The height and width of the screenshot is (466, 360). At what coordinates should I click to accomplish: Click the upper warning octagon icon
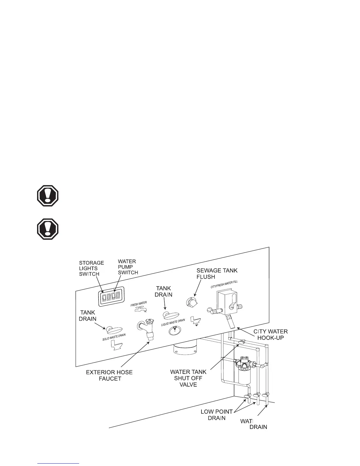pyautogui.click(x=48, y=196)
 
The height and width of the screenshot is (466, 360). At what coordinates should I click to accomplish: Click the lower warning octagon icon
pyautogui.click(x=48, y=229)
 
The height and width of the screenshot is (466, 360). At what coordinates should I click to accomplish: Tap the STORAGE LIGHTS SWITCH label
pyautogui.click(x=91, y=268)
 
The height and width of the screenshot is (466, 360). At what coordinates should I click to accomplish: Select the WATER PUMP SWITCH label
pyautogui.click(x=128, y=267)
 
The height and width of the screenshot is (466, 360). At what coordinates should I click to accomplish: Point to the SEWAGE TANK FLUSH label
pyautogui.click(x=217, y=273)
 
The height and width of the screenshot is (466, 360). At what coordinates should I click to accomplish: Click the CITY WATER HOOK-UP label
pyautogui.click(x=270, y=334)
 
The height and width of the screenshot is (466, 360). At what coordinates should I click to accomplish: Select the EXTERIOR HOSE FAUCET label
pyautogui.click(x=109, y=375)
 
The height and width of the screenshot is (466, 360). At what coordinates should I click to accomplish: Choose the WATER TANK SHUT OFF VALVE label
pyautogui.click(x=188, y=378)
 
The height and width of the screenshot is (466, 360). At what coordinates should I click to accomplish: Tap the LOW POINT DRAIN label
pyautogui.click(x=216, y=415)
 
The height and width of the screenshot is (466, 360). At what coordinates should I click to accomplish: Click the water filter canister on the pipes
pyautogui.click(x=243, y=372)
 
